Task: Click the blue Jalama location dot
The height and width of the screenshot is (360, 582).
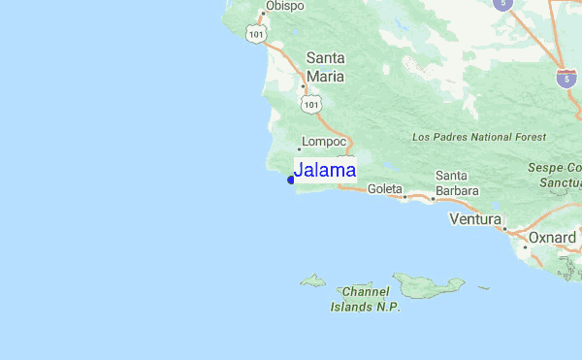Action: click(291, 179)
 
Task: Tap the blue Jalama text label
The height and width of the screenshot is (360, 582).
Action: click(325, 171)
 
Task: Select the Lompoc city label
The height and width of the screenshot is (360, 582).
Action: click(324, 140)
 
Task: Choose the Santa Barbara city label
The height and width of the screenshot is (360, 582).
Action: click(457, 183)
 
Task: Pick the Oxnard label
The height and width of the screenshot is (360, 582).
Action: click(552, 237)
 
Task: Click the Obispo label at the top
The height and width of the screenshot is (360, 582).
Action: click(285, 6)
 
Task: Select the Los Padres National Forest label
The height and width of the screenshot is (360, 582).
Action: click(479, 138)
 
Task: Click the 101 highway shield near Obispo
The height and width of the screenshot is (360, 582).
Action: click(255, 34)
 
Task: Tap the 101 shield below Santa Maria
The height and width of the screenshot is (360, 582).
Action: click(310, 103)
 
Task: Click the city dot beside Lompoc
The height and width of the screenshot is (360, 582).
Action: click(299, 149)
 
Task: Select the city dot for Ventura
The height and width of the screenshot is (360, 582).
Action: click(502, 230)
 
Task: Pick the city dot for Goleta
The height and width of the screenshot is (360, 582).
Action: click(404, 196)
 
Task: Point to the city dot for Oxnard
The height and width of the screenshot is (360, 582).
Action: click(525, 246)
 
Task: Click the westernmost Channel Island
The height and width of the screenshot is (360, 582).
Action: click(312, 281)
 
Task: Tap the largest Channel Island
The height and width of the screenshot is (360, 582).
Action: click(427, 284)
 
